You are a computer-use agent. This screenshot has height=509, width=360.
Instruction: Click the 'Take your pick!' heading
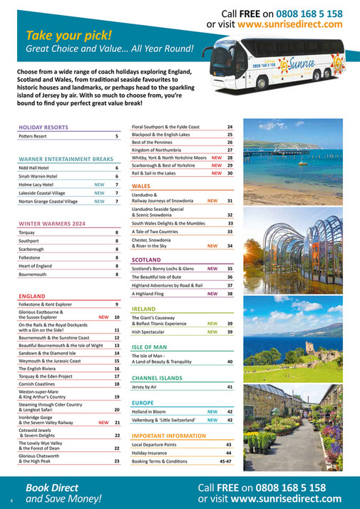pos(69,35)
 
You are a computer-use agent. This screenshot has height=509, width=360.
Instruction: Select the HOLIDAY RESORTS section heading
pos(43,127)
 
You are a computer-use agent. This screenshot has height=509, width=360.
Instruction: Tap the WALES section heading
pos(141,185)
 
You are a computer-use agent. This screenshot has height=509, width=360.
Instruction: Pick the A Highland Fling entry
pos(148,294)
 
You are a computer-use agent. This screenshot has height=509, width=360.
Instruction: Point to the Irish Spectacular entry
pos(153,331)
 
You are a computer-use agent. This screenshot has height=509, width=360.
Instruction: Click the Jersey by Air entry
pos(146,386)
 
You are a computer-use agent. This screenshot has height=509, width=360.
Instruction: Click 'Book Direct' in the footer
pos(51,487)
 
